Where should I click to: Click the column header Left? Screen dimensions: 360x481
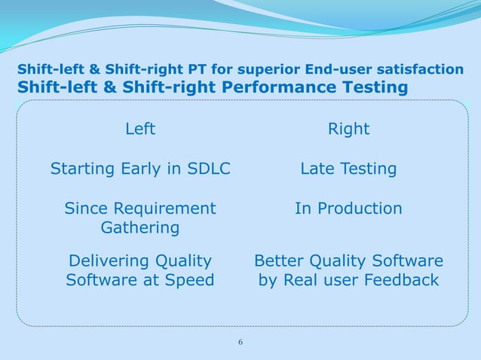coord(140,130)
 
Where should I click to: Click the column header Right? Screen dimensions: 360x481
coord(348,130)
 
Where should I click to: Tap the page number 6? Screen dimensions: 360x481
coord(240,343)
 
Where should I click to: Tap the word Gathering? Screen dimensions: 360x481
coord(140,227)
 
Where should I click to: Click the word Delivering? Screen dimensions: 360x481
coord(109,261)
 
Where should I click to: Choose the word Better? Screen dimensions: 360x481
coord(280,261)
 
